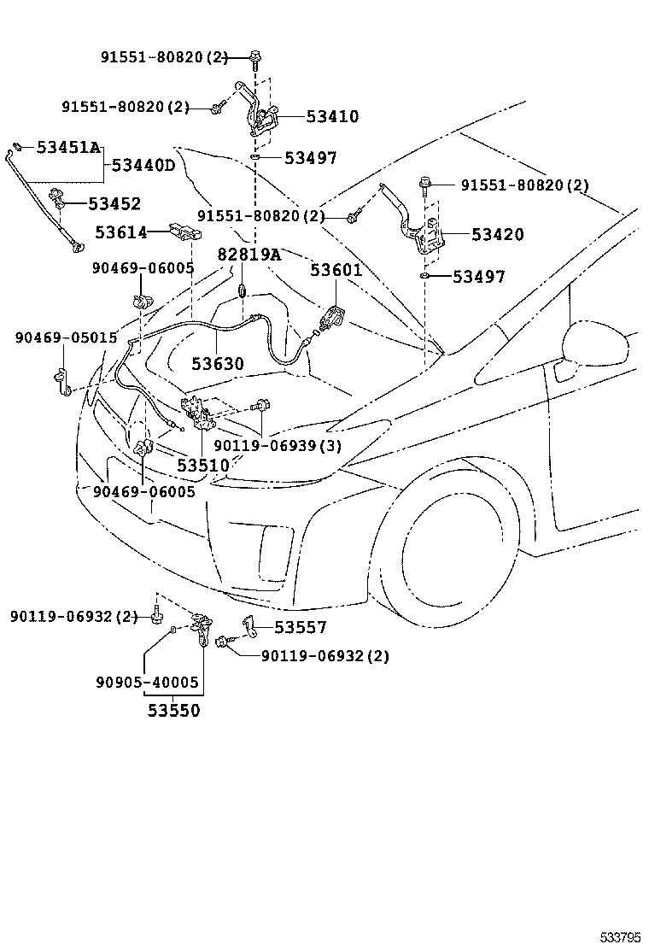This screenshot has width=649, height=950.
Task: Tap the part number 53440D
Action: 143,165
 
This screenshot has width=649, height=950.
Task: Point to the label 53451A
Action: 68,148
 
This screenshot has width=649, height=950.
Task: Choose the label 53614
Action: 121,232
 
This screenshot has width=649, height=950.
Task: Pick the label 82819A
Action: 248,255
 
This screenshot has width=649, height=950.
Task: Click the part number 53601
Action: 336,271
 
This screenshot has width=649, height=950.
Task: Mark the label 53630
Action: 217,364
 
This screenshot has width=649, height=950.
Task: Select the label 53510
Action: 203,466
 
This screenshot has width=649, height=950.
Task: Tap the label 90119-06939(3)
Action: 278,446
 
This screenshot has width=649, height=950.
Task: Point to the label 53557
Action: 301,627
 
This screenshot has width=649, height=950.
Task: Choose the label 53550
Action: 173,710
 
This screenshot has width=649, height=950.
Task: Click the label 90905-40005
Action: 147,683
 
